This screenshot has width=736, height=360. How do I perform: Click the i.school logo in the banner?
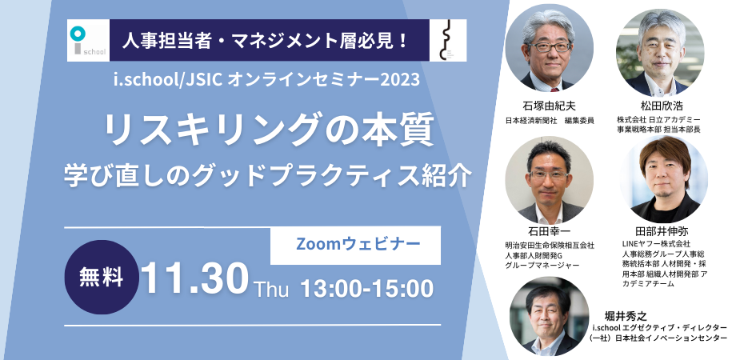(88, 40)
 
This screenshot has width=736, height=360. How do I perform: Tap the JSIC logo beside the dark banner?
(448, 40)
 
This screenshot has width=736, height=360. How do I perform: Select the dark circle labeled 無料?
(102, 277)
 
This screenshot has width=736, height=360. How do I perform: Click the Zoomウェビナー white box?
(355, 245)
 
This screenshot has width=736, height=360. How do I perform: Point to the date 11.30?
(194, 278)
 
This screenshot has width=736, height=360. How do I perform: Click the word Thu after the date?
(271, 289)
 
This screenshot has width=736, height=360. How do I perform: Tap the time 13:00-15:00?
(366, 288)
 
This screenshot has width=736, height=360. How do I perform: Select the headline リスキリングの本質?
(269, 132)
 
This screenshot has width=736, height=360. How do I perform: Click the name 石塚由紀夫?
(549, 106)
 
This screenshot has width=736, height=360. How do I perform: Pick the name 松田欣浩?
(658, 106)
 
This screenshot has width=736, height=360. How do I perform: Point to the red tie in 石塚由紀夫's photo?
(555, 89)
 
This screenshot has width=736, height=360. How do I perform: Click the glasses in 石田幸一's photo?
(548, 174)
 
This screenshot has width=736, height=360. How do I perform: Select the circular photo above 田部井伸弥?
(663, 179)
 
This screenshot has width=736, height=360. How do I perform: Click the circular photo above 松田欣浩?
(659, 52)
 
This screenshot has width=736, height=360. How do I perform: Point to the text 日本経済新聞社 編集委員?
(549, 121)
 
